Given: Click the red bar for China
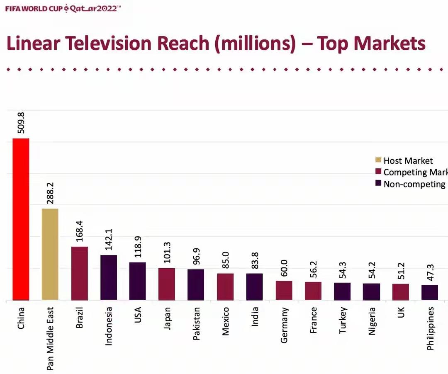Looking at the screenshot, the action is click(21, 219).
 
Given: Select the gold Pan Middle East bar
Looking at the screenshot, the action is click(50, 254).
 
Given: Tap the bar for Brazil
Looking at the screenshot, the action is click(79, 273).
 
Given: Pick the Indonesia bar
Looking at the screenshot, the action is click(109, 277).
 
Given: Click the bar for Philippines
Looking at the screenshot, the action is click(430, 292).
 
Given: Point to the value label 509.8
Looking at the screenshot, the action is click(21, 123).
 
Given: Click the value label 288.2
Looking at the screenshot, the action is click(50, 193).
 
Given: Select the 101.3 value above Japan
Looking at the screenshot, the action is click(167, 253).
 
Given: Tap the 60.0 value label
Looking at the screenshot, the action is click(284, 268).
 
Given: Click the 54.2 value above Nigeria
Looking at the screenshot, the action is click(372, 270).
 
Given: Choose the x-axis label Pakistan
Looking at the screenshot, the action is click(196, 323).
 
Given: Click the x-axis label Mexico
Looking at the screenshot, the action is click(225, 321).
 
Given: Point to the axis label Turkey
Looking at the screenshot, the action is click(343, 321).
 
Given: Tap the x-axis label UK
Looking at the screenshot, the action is click(401, 312).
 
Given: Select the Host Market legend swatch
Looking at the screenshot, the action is click(378, 160).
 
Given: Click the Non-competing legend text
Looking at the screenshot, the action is click(414, 184).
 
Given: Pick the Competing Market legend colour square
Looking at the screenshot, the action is click(378, 171).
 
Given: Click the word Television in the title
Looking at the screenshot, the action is click(109, 43).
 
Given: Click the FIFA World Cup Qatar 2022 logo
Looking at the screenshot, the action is click(63, 8).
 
